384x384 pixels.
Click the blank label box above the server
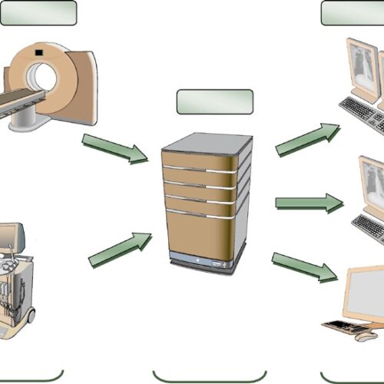[214, 101]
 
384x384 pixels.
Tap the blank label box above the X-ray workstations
[353, 12]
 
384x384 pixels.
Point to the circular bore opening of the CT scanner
[43, 77]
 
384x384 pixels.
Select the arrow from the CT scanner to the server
[115, 148]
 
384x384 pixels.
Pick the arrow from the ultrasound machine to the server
[119, 250]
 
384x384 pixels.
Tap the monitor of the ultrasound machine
[9, 238]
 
